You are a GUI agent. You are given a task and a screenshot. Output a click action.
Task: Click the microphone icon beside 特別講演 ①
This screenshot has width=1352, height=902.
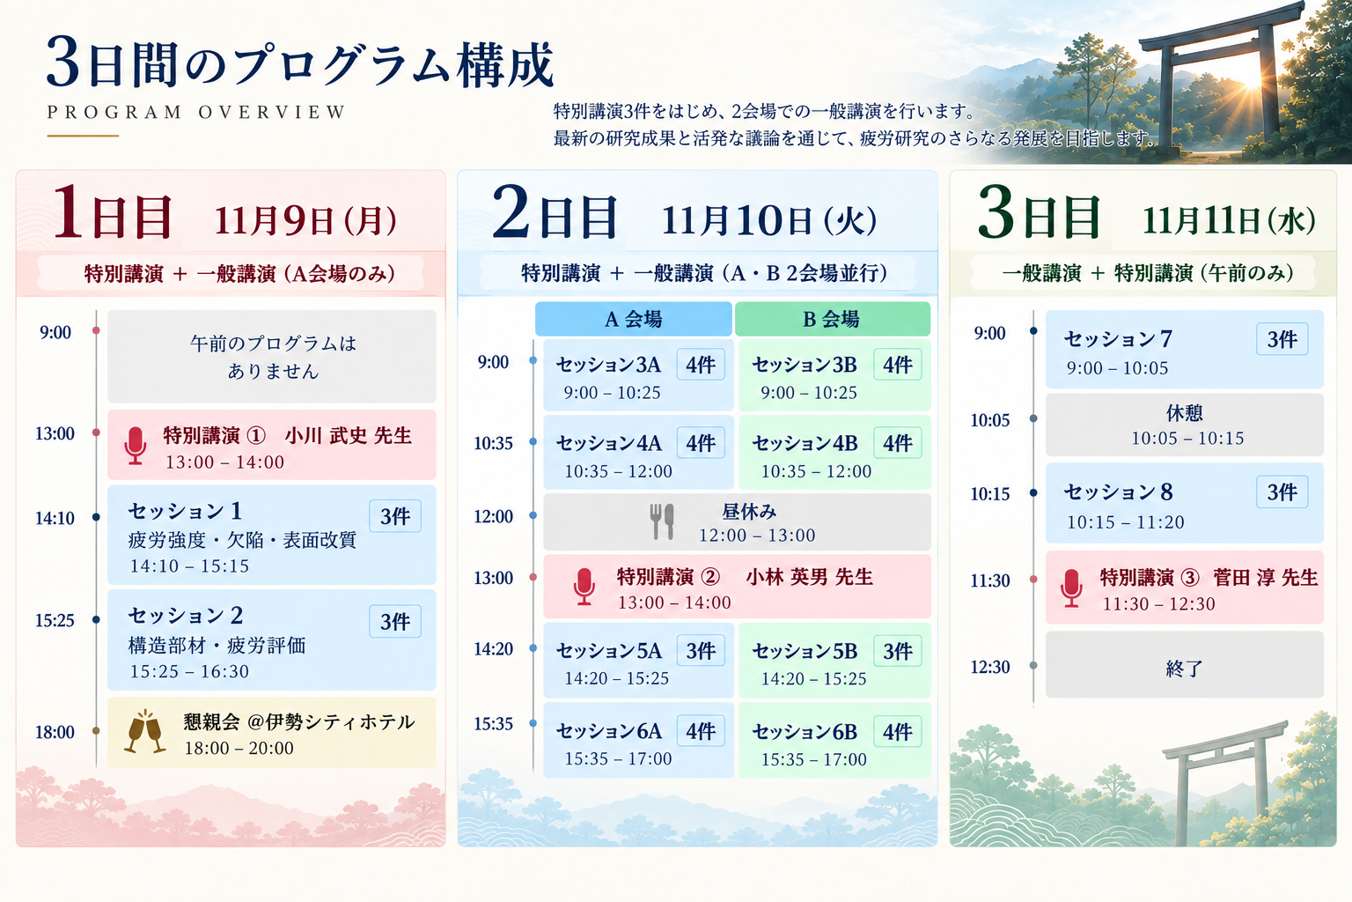(x=136, y=446)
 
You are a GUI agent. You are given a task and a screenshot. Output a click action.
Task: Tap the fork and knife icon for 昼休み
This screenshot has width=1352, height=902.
(x=662, y=521)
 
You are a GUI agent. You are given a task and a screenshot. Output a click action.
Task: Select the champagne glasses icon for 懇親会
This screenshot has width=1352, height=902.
(x=145, y=732)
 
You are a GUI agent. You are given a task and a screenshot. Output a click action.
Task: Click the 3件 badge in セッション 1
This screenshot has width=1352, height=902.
(x=395, y=516)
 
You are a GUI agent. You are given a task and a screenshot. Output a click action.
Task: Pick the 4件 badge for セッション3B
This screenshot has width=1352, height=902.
(x=898, y=365)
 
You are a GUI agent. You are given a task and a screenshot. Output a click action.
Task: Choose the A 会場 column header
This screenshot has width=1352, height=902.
(x=633, y=319)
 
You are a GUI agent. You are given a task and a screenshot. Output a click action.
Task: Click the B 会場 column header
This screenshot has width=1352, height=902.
(x=833, y=319)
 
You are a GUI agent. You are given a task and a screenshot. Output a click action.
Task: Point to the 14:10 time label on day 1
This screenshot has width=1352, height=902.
(x=55, y=518)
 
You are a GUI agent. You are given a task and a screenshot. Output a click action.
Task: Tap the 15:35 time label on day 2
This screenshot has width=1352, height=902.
(x=493, y=724)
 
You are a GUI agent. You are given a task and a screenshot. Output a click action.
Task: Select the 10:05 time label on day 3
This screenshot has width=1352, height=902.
(x=990, y=420)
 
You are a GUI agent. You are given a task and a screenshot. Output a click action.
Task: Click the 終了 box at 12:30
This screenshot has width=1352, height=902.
(x=1184, y=665)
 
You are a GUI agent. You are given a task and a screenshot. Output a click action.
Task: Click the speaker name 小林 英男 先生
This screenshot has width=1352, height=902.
(x=810, y=577)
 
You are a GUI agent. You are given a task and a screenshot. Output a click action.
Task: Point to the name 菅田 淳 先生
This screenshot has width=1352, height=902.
(x=1265, y=578)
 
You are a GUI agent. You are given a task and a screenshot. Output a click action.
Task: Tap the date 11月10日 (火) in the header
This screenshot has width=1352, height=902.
(x=769, y=220)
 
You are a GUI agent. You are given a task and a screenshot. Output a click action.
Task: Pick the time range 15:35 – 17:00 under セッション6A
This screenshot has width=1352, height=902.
(x=618, y=758)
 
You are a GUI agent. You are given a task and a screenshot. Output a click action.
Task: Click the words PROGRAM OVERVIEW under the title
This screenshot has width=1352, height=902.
(x=196, y=113)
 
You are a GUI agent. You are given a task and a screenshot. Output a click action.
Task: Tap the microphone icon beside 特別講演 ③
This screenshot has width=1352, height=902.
(x=1071, y=588)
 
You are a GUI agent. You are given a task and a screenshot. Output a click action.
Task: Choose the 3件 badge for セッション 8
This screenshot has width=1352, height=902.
(x=1282, y=492)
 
